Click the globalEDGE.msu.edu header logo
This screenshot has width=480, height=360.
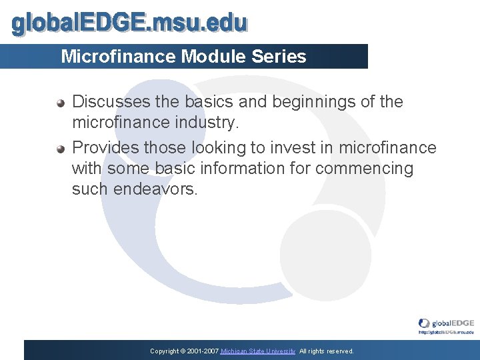tap(130, 23)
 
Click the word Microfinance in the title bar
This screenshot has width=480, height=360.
tap(118, 57)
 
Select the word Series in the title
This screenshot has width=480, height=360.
tap(279, 57)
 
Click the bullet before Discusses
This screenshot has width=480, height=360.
tap(61, 103)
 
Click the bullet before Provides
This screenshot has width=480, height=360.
tap(61, 149)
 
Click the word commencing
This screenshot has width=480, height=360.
tap(364, 168)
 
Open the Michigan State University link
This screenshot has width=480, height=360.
tap(258, 351)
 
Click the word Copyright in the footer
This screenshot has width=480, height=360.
tap(164, 351)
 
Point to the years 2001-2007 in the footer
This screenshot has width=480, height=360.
tap(202, 351)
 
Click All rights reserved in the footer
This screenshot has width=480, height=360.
tap(327, 351)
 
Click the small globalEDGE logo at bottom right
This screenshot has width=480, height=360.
tap(446, 323)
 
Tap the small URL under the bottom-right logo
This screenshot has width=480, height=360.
tap(446, 331)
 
